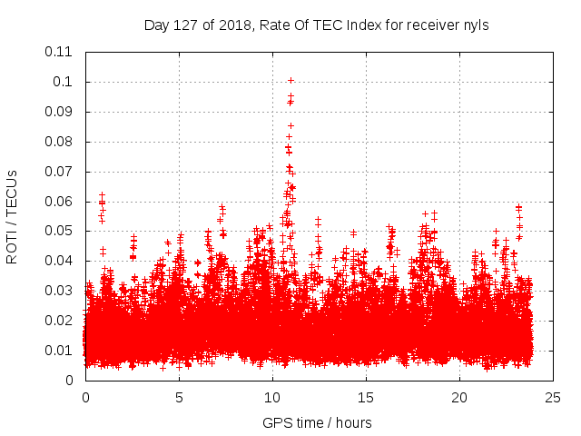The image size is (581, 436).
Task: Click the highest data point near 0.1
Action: (290, 80)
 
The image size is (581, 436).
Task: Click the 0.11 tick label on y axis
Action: (60, 52)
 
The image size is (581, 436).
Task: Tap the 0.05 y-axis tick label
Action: (60, 231)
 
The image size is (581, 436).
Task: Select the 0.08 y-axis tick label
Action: (60, 142)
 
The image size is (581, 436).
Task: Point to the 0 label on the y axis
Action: (71, 381)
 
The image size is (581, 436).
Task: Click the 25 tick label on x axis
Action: (553, 397)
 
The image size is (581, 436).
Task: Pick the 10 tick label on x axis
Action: (272, 397)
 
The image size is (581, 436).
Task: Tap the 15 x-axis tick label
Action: (366, 397)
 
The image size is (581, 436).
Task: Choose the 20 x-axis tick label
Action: (459, 397)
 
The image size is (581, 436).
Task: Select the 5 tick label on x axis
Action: (179, 397)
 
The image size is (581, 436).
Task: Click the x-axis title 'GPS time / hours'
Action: (317, 422)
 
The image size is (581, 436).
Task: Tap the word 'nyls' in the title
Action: (475, 25)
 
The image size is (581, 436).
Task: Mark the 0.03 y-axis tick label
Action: (60, 291)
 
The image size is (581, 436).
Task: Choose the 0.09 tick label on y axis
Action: (60, 112)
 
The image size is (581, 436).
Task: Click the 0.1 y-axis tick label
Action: (64, 82)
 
